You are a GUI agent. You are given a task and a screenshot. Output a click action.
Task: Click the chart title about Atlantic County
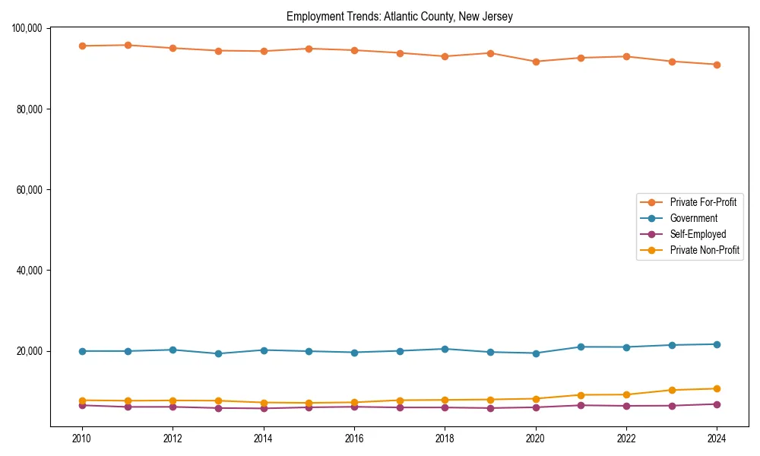click(x=399, y=17)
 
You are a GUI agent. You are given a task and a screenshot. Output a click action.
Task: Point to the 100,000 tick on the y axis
click(x=27, y=28)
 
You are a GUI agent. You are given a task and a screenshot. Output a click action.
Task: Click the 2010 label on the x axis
click(x=82, y=439)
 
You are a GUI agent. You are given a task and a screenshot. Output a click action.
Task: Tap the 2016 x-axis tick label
click(x=354, y=439)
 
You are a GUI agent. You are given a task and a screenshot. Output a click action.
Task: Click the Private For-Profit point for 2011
click(x=128, y=45)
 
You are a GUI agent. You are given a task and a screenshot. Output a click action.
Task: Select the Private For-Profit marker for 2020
click(x=536, y=62)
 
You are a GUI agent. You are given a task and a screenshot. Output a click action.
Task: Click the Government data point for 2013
click(x=218, y=353)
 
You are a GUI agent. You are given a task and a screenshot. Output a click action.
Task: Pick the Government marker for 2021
click(x=581, y=347)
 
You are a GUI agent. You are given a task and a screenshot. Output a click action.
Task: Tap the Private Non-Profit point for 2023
click(x=672, y=390)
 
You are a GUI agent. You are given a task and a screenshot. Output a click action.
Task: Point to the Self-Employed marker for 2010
click(x=82, y=405)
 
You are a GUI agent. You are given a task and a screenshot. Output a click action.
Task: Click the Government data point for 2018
click(x=445, y=349)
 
